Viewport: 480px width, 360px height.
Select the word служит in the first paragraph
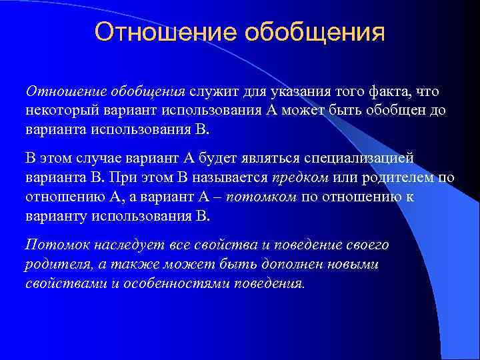tap(209, 92)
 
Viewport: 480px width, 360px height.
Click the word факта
tap(388, 92)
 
